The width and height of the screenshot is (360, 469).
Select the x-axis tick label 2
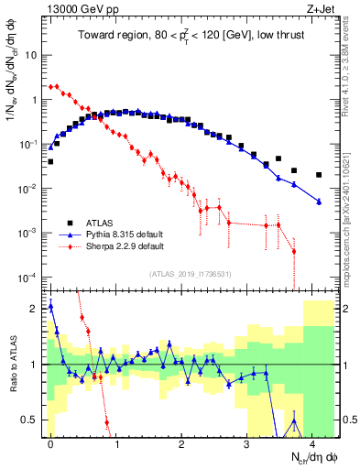[x=181, y=441]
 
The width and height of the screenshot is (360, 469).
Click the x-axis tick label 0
[x=50, y=441]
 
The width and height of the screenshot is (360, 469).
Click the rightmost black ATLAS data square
[x=319, y=175]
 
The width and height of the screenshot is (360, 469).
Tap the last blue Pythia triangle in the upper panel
[x=319, y=202]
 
